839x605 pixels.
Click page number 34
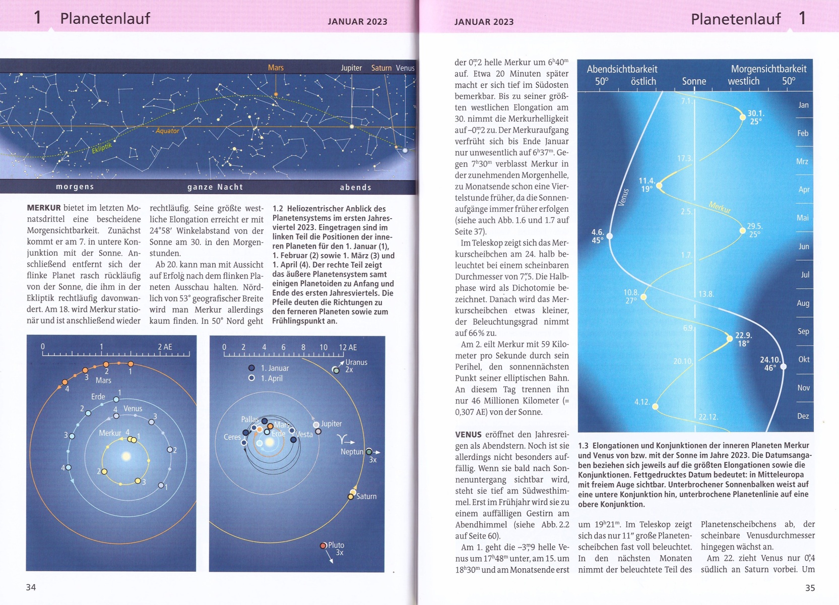(31, 587)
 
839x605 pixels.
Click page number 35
(810, 587)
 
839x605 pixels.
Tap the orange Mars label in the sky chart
(276, 68)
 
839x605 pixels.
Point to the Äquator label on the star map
(167, 131)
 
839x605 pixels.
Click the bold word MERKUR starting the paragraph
(44, 208)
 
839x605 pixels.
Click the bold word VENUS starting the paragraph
(468, 435)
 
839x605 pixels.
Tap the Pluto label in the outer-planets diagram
(336, 545)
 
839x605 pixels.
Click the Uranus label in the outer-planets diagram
(356, 362)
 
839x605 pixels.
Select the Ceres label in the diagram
(232, 437)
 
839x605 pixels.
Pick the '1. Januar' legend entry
(275, 368)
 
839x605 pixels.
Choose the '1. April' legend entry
(272, 378)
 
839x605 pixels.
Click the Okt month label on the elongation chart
(804, 359)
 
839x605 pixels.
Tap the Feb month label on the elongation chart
(803, 133)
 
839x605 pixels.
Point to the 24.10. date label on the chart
(769, 359)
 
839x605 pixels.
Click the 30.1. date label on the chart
(755, 113)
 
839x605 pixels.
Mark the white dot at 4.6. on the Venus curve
(610, 236)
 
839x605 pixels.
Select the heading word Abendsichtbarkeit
(622, 69)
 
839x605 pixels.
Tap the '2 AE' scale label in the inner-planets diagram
(165, 347)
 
